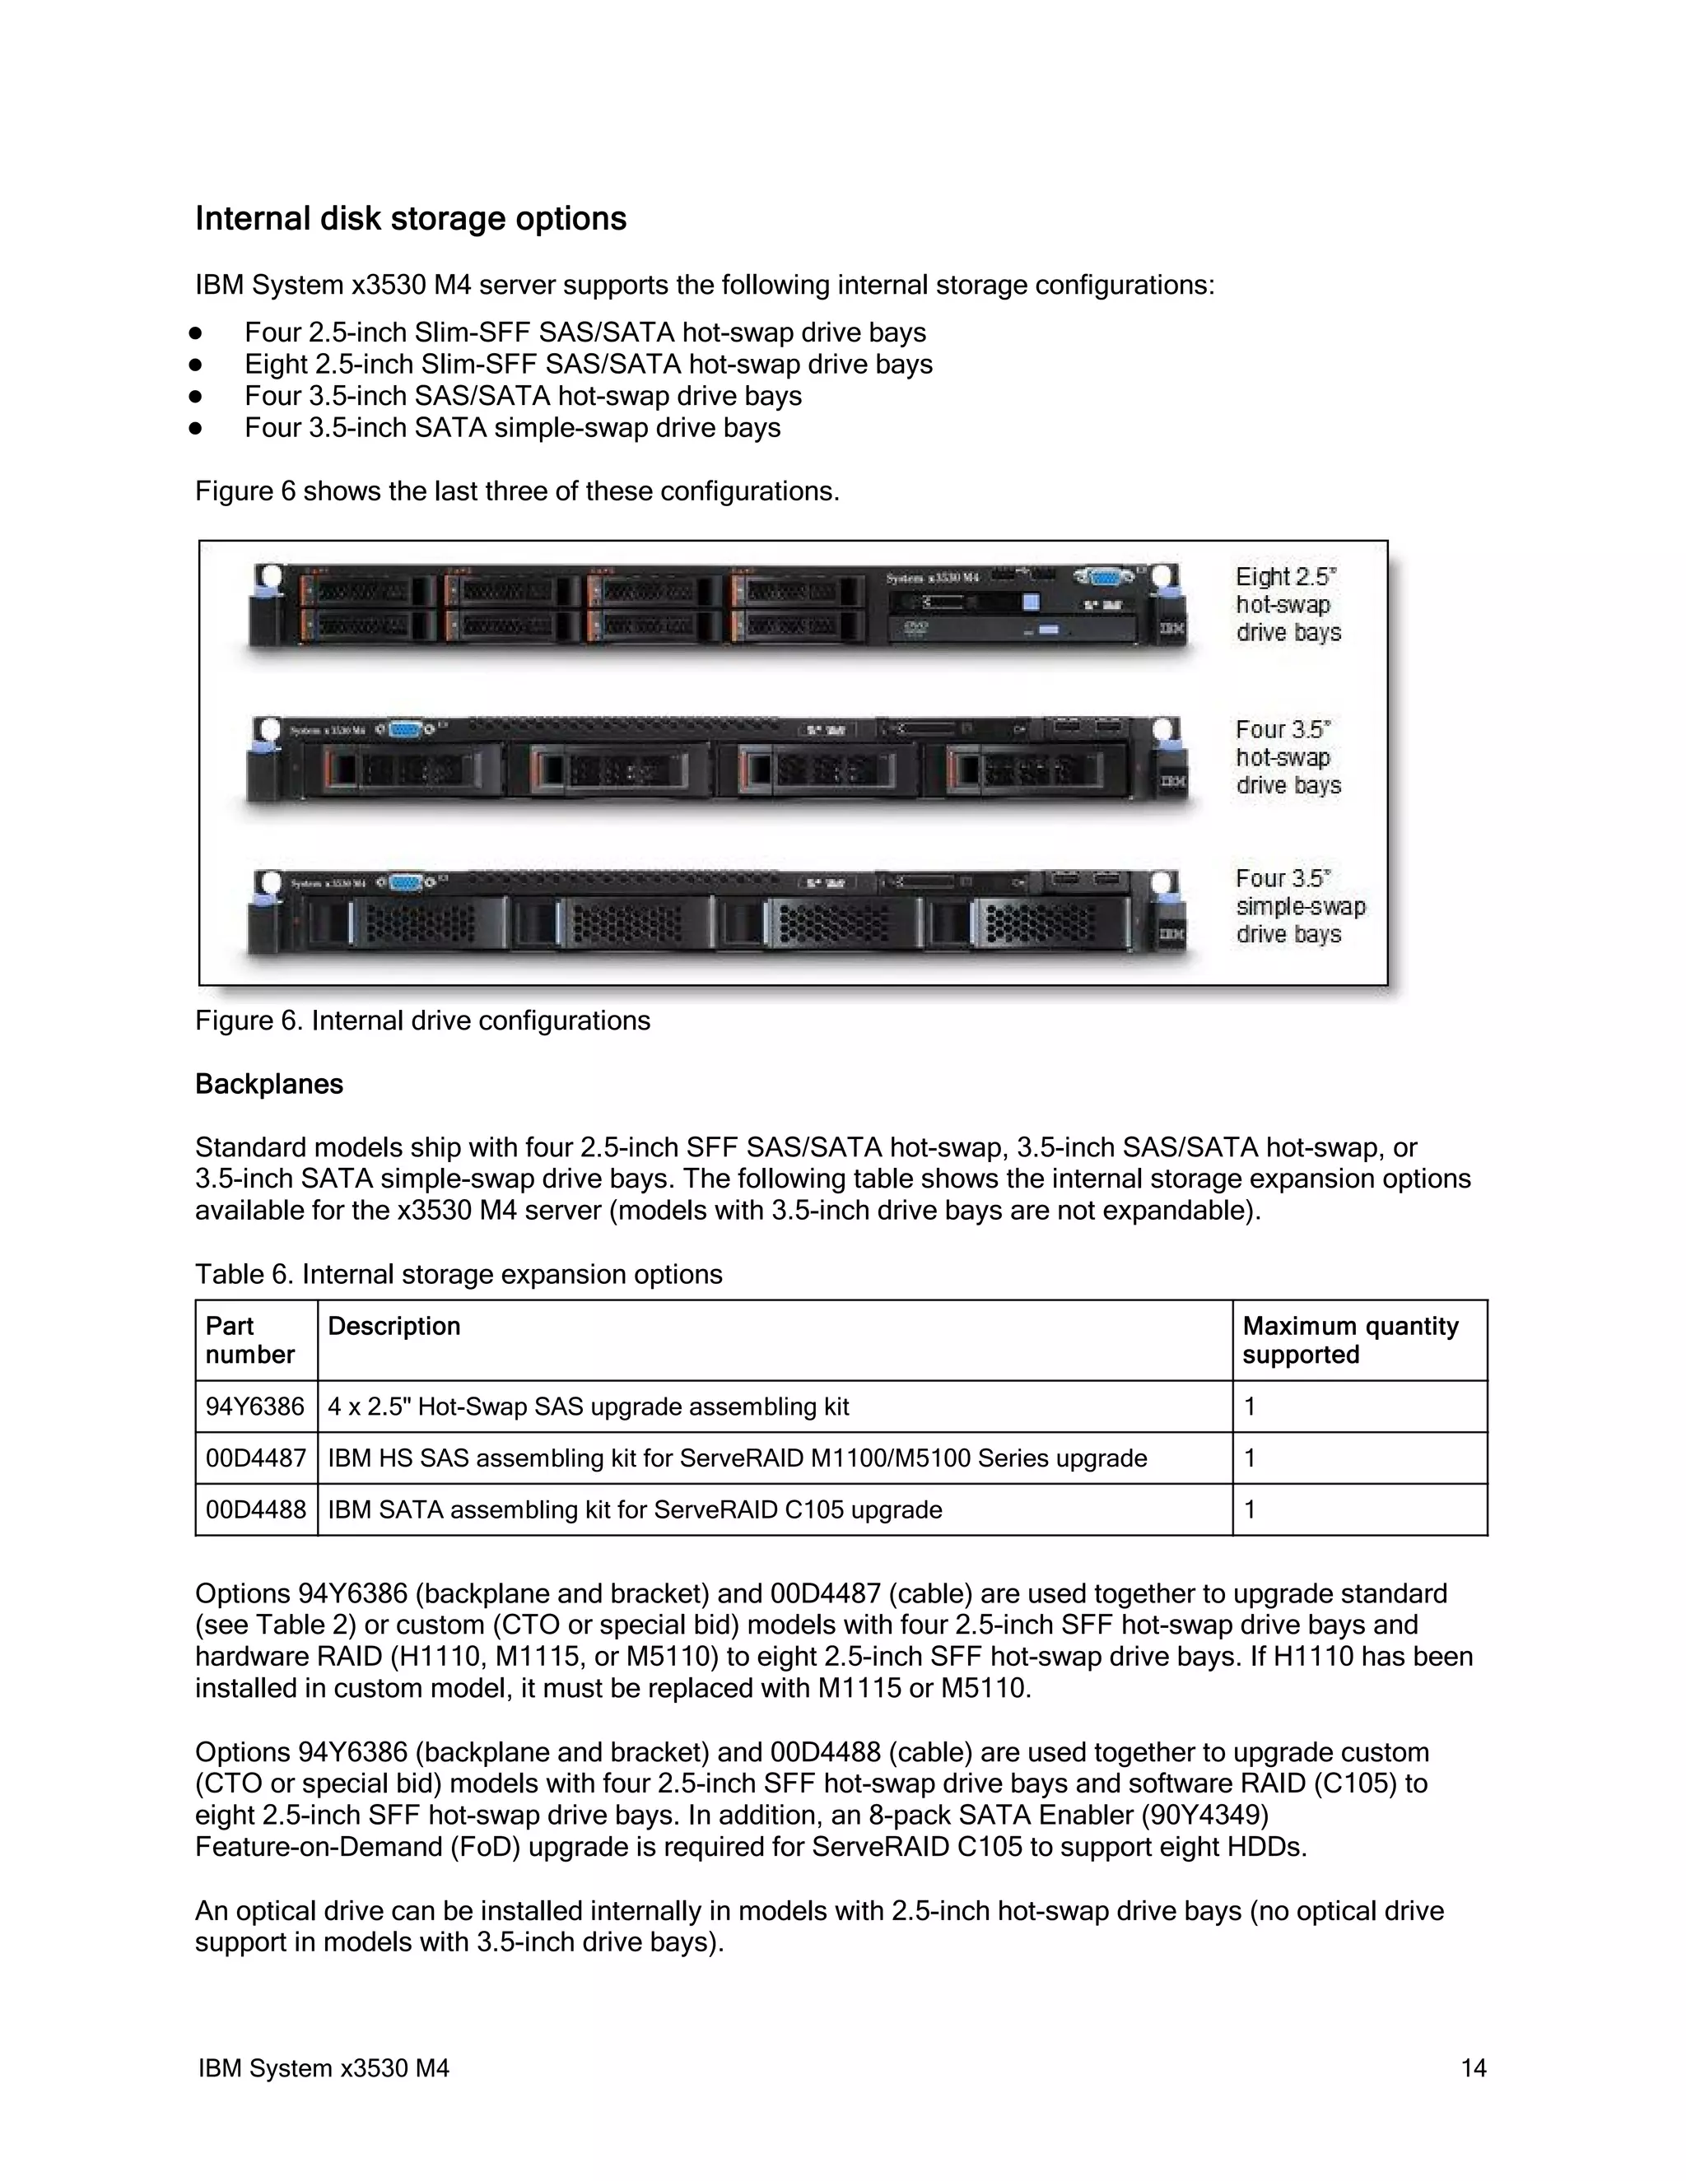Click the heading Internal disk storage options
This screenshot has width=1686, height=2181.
(411, 219)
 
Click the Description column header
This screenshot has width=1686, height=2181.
(394, 1326)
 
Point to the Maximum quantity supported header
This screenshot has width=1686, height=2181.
(1349, 1340)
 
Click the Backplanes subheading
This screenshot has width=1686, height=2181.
(268, 1085)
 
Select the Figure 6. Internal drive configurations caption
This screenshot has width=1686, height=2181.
(422, 1021)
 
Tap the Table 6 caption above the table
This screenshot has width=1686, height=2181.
(459, 1274)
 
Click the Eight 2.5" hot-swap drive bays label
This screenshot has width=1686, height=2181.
(1288, 604)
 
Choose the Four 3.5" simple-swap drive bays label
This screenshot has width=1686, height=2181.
(1299, 906)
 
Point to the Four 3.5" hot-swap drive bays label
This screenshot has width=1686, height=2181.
(1288, 757)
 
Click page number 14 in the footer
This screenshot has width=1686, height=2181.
(1474, 2068)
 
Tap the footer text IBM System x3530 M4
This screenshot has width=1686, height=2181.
(324, 2068)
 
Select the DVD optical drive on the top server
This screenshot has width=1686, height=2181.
(1011, 628)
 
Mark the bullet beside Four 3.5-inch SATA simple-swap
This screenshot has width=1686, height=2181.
(195, 429)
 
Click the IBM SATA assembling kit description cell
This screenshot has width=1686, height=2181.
(634, 1510)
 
